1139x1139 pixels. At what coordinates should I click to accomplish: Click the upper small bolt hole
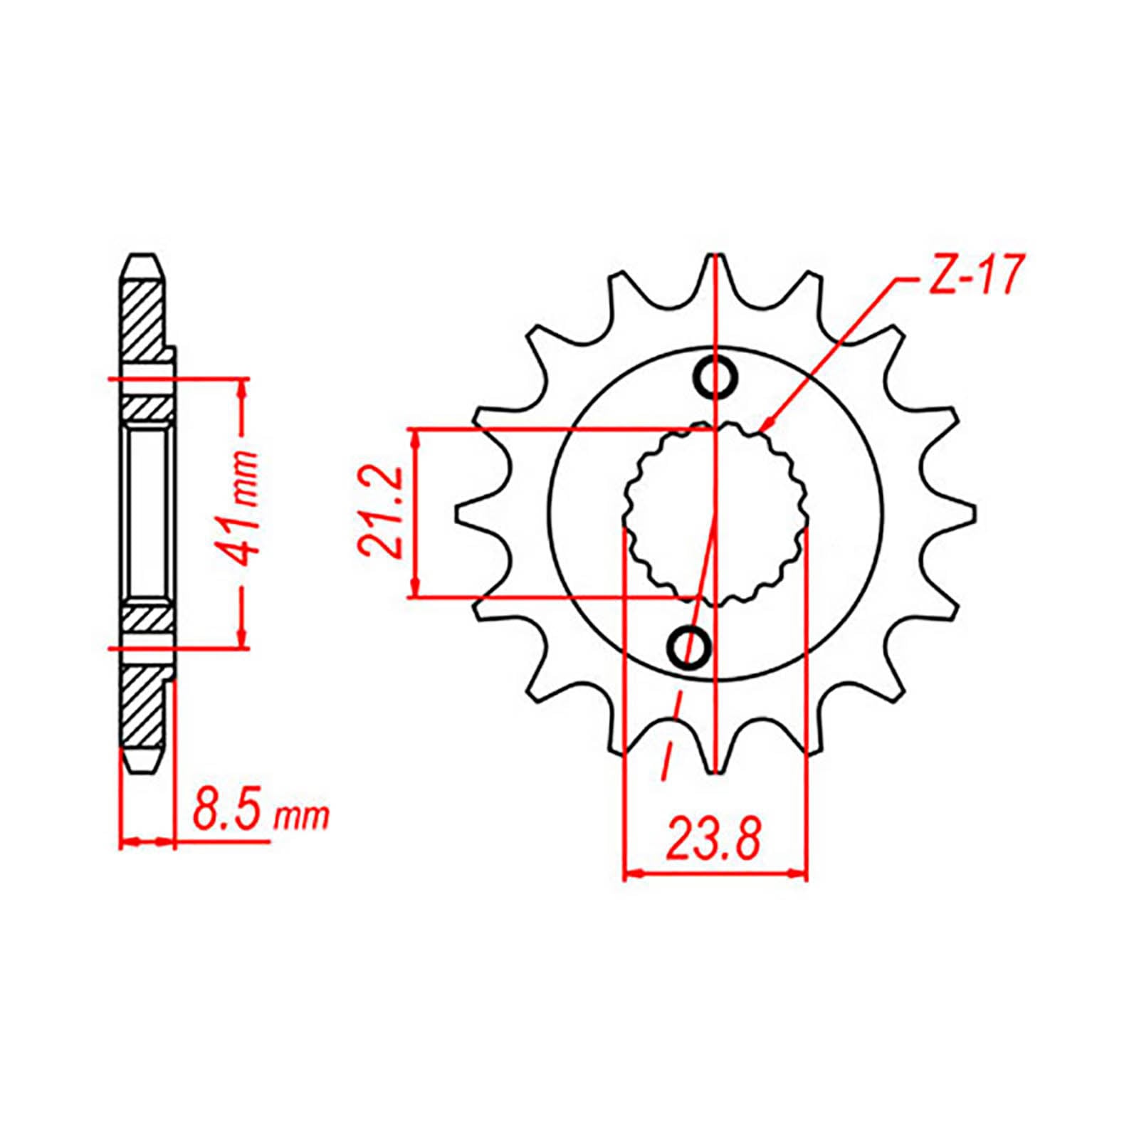coord(715,378)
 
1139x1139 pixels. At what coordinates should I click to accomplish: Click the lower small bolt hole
coord(688,647)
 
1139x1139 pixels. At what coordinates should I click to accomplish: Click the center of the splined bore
coord(715,513)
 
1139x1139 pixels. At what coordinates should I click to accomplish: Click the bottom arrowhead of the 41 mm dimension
coord(243,641)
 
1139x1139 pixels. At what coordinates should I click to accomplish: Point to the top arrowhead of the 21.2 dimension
coord(416,436)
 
